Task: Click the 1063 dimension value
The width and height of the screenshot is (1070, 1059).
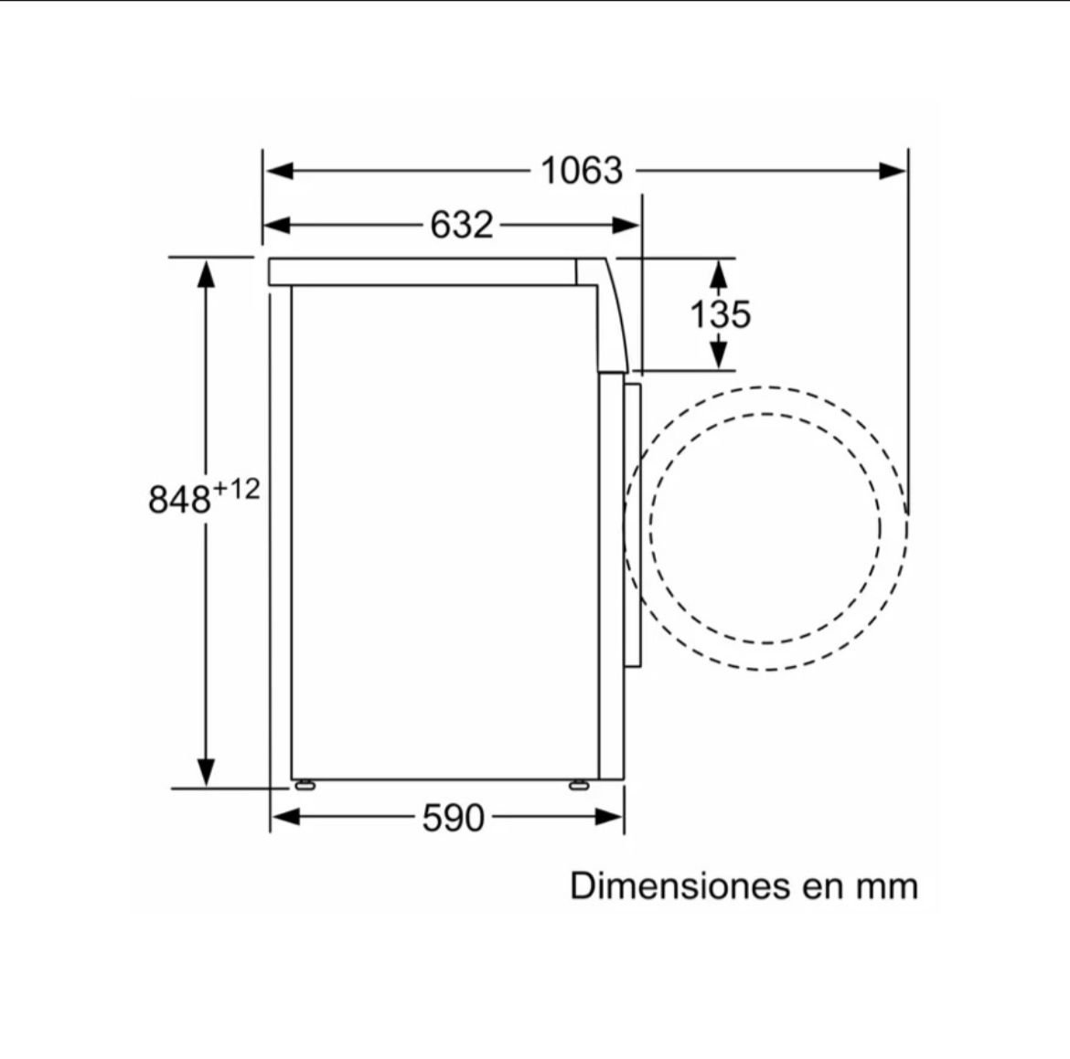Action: (582, 171)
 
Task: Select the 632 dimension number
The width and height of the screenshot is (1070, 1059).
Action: (461, 225)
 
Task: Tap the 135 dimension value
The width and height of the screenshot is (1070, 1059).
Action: (720, 314)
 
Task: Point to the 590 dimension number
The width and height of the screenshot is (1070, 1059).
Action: (453, 818)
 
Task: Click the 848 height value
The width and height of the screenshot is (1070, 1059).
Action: (178, 499)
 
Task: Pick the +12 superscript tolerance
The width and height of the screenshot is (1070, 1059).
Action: (237, 488)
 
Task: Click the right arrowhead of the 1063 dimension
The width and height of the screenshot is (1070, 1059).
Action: (893, 171)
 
